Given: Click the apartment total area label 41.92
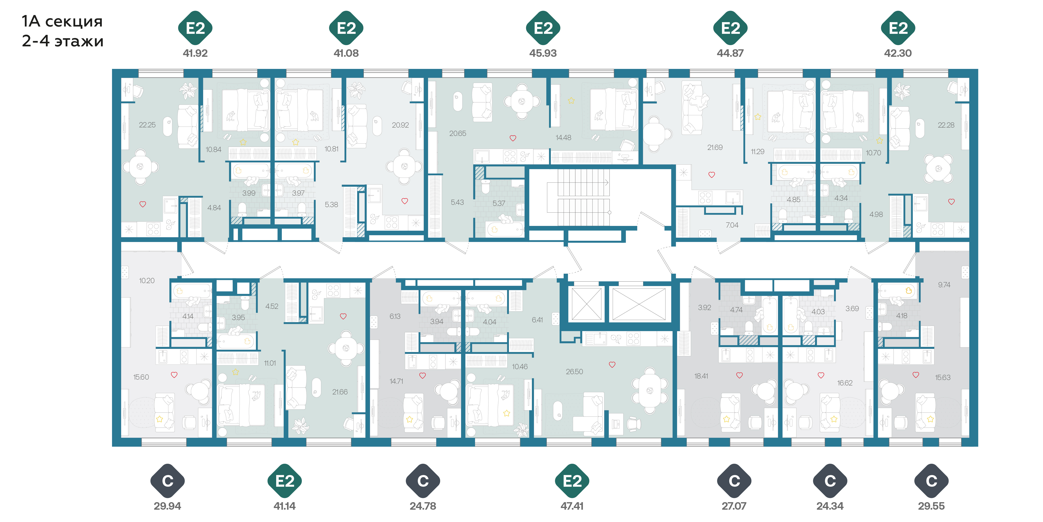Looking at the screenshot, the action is [195, 53].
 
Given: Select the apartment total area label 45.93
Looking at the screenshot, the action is [543, 53].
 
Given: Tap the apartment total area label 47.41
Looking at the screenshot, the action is [572, 506].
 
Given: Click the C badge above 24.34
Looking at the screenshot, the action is [830, 481].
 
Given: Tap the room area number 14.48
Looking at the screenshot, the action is [563, 138].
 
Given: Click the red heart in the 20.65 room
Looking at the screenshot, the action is [513, 138].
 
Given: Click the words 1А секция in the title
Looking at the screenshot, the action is [62, 22].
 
